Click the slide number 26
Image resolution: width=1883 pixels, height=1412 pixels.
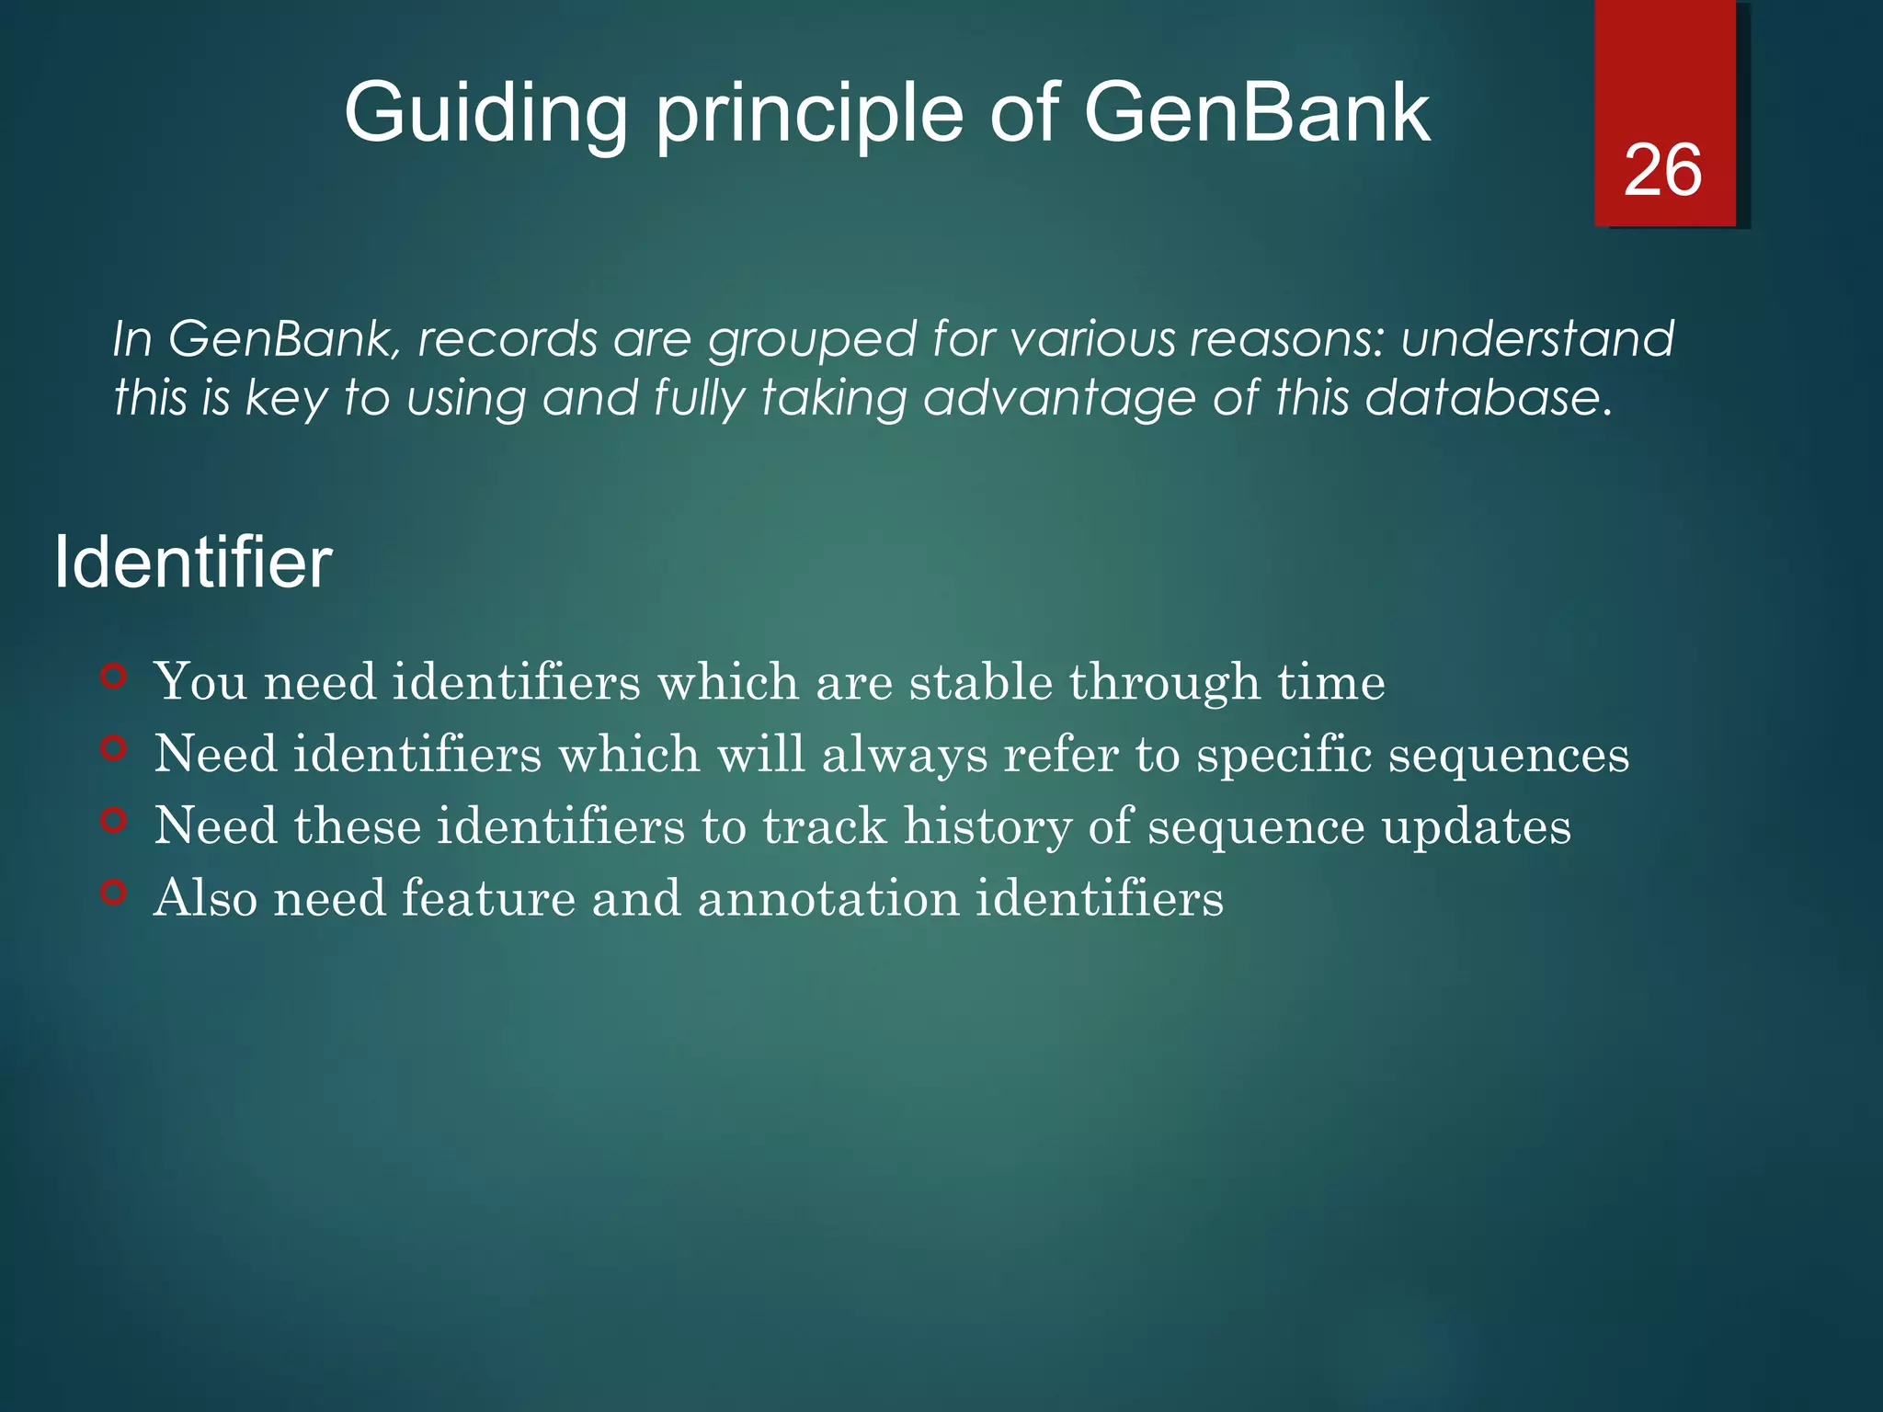[x=1662, y=171]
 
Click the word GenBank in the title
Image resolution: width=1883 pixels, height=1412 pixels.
[x=1256, y=114]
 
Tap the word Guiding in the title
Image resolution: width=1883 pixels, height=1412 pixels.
[x=485, y=114]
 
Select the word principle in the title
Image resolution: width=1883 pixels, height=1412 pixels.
[x=809, y=114]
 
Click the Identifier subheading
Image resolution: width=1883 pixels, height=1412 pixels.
[x=193, y=563]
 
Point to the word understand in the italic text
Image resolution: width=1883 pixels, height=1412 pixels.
[x=1537, y=338]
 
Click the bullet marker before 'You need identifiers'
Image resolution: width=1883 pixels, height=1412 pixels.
[x=113, y=678]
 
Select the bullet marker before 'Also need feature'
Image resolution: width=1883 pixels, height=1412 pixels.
[x=113, y=892]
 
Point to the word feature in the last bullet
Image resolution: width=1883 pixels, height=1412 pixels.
[x=488, y=898]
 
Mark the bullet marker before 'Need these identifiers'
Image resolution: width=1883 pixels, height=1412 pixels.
[x=113, y=820]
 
